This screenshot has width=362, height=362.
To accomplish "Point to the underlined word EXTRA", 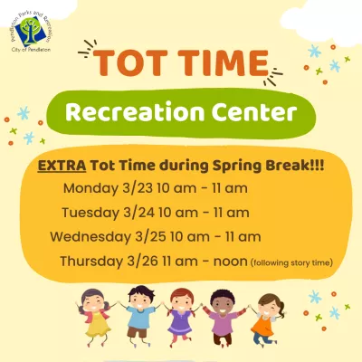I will (x=58, y=167).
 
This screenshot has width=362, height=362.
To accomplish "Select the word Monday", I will (x=94, y=190).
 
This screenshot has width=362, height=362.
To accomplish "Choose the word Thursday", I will (x=94, y=261).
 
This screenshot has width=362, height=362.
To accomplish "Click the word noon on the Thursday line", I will (x=229, y=261).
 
